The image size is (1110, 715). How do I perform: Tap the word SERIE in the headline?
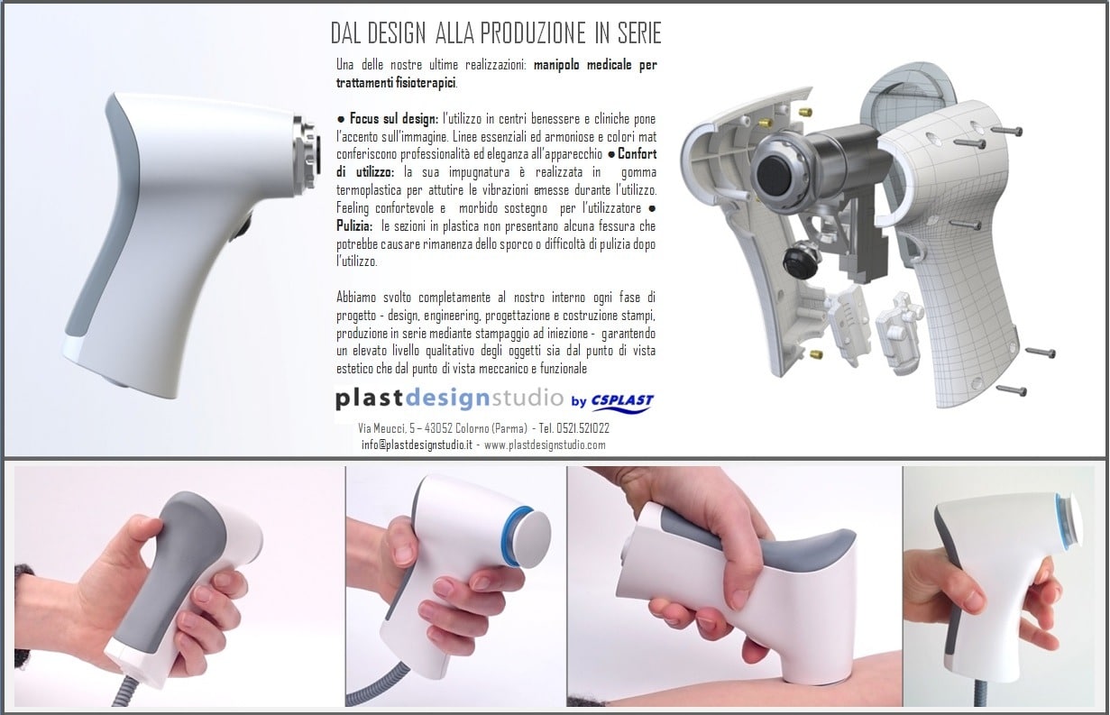(x=639, y=33)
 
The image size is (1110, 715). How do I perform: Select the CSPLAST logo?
(x=622, y=402)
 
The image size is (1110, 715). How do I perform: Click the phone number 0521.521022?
(x=583, y=428)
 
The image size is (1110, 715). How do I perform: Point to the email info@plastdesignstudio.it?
(x=417, y=445)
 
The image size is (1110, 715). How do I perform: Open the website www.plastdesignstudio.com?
(x=545, y=445)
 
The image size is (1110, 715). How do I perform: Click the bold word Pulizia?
(x=354, y=226)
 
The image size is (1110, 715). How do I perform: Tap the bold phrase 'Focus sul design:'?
(x=394, y=118)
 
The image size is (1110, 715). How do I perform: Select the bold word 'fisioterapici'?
(x=426, y=83)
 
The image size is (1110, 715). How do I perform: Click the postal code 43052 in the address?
(x=438, y=428)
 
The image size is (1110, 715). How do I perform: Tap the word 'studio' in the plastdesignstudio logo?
(x=527, y=398)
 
